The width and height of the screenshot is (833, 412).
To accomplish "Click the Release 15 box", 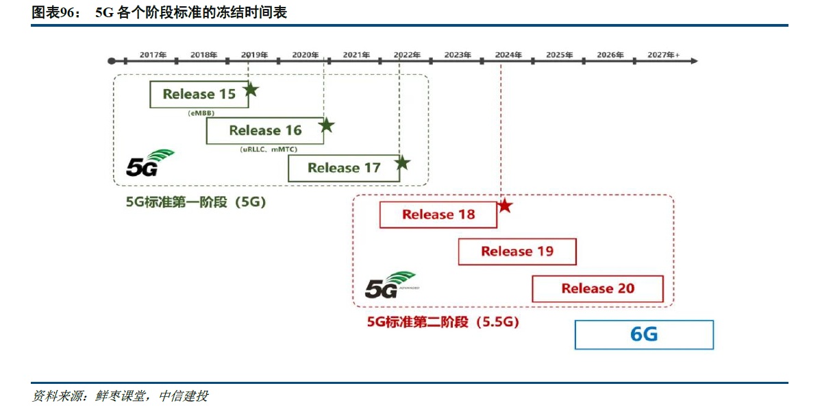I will tap(199, 95).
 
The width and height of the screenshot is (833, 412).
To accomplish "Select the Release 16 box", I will tap(264, 130).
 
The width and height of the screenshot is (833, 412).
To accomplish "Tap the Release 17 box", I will tap(343, 168).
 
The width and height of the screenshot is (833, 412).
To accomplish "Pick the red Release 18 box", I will tap(438, 215).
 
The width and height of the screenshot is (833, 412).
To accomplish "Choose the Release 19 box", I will tap(517, 252).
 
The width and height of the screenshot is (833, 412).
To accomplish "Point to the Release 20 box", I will tap(597, 289).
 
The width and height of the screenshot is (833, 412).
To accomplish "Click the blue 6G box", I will tap(644, 335).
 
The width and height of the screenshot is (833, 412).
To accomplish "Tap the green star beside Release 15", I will tap(251, 89).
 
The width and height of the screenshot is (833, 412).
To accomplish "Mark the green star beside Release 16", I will tap(326, 125).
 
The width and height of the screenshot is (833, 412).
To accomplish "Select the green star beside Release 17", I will tap(402, 162).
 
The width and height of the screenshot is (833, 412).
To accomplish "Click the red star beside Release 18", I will tap(504, 205).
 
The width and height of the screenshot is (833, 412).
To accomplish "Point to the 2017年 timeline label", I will tap(153, 54).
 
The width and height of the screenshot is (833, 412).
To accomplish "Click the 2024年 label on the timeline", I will tap(508, 54).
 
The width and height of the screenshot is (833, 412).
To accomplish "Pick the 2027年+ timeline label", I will tap(663, 54).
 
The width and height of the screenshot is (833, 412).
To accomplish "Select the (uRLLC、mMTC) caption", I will tap(272, 149).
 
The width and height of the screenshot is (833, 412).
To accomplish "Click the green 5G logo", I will tap(149, 163).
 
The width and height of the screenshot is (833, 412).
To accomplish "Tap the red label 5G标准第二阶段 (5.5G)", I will tap(443, 322).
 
